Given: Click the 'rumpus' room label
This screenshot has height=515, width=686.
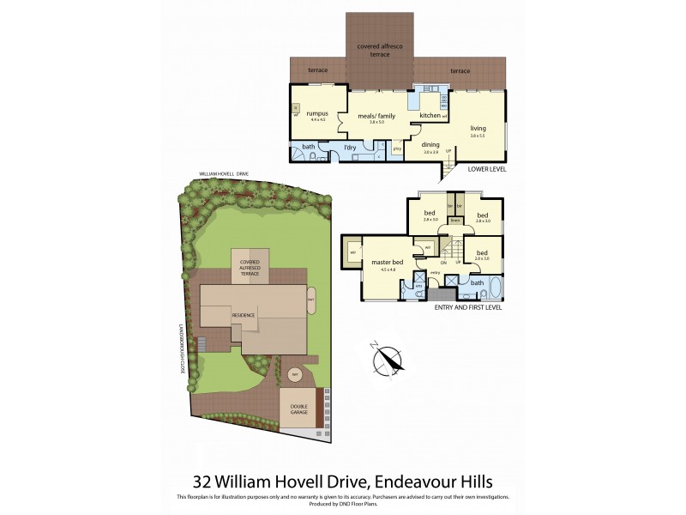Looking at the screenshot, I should pos(305,115).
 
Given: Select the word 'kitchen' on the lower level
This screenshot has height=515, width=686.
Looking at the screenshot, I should pos(430,114).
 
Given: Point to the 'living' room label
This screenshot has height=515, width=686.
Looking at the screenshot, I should pos(478,129).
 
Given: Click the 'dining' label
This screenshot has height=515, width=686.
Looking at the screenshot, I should pos(430,145).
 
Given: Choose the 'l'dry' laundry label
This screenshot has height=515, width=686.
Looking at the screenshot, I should pos(350,148).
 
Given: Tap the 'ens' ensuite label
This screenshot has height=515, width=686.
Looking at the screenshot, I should pos(419,286).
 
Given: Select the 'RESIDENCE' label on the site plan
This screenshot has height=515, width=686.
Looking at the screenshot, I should pos(244,315).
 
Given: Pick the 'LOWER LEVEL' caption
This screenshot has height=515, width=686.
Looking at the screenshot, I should pos(487,169).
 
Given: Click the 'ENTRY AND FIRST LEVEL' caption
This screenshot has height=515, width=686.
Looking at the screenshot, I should pos(468,306).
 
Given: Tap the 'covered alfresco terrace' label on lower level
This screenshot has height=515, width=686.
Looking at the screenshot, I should pos(380,50).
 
